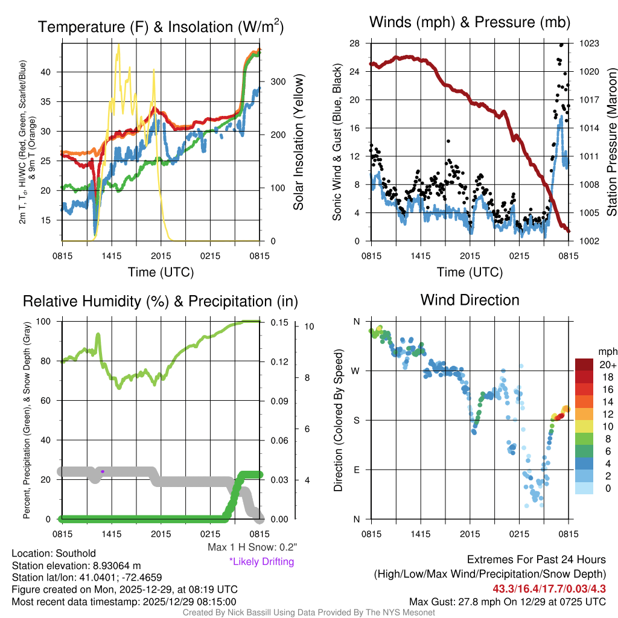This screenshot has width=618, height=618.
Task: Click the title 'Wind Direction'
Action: (470, 300)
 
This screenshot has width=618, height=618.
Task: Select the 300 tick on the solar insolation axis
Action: (273, 81)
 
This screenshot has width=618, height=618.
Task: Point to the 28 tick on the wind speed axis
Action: (355, 43)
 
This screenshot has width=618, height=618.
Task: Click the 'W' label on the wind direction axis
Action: (356, 371)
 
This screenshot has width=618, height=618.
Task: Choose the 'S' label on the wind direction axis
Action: (357, 420)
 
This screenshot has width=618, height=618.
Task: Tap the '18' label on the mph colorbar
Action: (608, 377)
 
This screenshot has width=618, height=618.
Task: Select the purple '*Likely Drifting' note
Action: (261, 562)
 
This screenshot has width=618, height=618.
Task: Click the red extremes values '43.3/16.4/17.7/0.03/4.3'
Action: (549, 589)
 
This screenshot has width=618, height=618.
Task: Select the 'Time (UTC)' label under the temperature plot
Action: (161, 273)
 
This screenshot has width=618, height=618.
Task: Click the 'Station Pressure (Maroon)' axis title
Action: (611, 142)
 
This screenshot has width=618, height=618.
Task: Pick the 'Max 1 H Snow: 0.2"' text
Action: (252, 547)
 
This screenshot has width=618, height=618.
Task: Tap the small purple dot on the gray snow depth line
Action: (103, 471)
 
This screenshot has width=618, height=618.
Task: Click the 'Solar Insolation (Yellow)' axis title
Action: (298, 142)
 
